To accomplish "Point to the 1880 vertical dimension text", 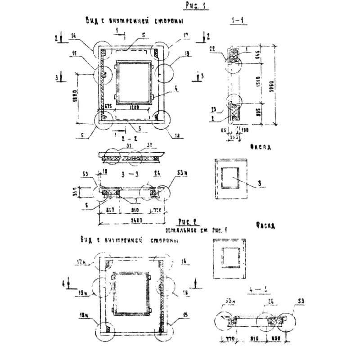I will pyautogui.click(x=74, y=96).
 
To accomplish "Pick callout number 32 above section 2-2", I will pyautogui.click(x=149, y=145).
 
